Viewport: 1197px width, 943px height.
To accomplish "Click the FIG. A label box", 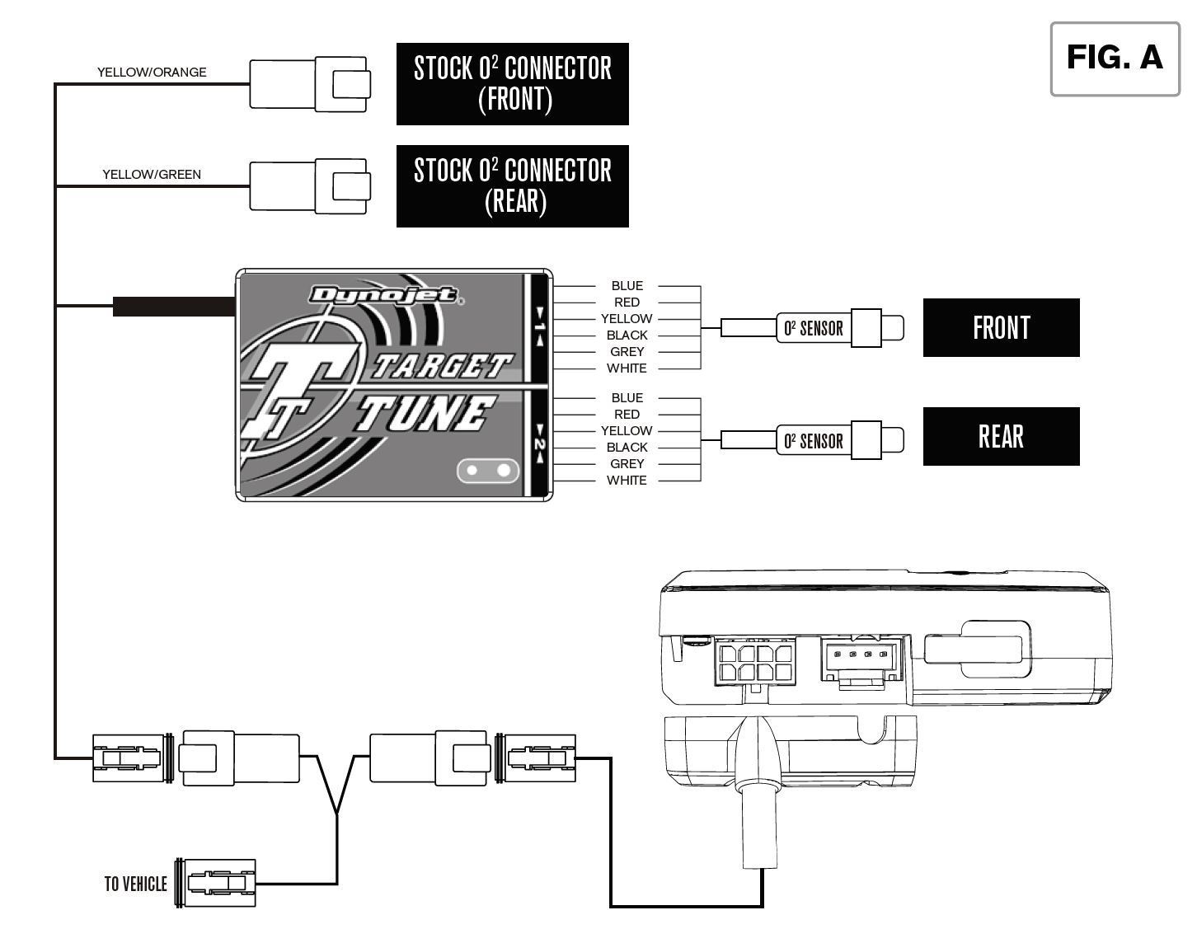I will [x=1115, y=59].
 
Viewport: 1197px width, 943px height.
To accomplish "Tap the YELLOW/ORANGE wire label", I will [x=152, y=73].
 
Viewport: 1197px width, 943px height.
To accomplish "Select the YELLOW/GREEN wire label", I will [x=152, y=175].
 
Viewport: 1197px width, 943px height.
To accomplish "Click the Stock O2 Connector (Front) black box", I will [x=512, y=84].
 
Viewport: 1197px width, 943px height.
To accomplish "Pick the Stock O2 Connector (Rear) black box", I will [x=512, y=186].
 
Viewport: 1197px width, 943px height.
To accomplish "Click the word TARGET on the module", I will [x=441, y=365].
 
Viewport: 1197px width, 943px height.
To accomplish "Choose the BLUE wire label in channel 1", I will [x=627, y=286].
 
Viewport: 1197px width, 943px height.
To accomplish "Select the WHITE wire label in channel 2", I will [x=627, y=481].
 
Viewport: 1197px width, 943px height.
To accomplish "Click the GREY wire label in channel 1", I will [x=627, y=352].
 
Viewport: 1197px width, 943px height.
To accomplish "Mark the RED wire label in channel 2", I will [x=627, y=415].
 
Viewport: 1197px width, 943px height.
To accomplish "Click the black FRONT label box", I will [x=1001, y=328].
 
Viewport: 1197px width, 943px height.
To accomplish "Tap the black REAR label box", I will [x=1001, y=437].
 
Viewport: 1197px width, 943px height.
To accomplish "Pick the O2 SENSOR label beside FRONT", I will [x=813, y=329].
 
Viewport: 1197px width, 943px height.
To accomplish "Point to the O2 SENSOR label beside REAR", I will [x=813, y=441].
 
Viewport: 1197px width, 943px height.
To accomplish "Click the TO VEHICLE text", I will [x=135, y=884].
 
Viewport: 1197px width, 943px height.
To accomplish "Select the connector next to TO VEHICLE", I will [x=217, y=884].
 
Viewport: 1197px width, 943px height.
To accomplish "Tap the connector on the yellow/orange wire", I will [x=310, y=84].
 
